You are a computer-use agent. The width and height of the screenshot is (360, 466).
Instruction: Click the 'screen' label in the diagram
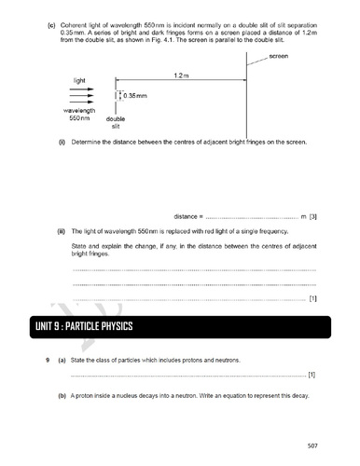tap(279, 57)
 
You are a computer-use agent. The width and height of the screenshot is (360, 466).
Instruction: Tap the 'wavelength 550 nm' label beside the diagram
tap(79, 114)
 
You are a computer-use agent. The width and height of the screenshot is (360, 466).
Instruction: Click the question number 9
tap(44, 360)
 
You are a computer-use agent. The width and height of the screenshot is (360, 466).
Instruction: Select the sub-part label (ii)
tap(61, 229)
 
